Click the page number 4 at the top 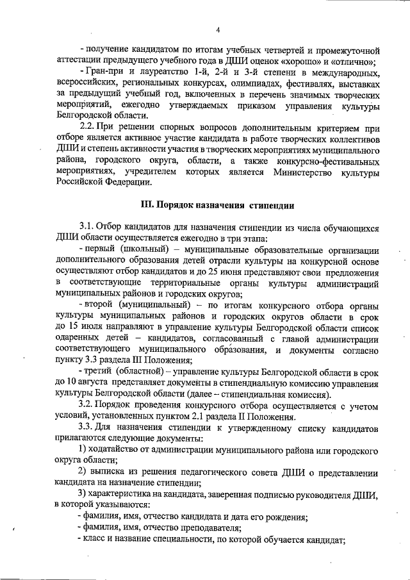(x=218, y=29)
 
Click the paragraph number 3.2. (x=86, y=405)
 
